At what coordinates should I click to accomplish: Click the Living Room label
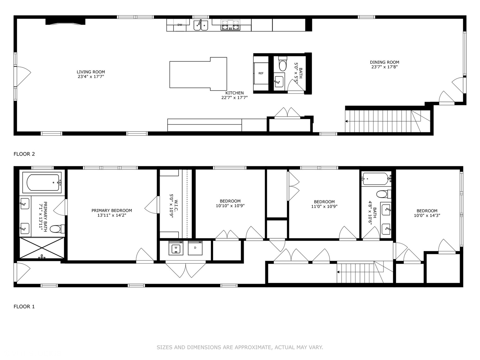pos(91,72)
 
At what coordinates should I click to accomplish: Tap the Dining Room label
pos(384,62)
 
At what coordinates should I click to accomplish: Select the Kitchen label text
pos(234,93)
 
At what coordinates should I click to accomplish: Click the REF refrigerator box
pos(261,73)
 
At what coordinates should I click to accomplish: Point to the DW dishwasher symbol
pos(180,25)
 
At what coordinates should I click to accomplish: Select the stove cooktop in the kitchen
pos(230,25)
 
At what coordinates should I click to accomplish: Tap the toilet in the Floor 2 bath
pos(282,64)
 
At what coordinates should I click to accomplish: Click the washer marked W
pos(176,248)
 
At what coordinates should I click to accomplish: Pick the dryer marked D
pos(196,248)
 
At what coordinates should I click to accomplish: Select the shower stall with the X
pos(42,248)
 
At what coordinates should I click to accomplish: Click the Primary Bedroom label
pos(112,211)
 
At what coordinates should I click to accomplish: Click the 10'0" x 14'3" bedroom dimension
pos(427,215)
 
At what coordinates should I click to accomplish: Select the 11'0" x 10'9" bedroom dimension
pos(324,206)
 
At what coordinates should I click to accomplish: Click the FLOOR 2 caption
pos(24,154)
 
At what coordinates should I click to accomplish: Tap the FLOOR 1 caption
pos(24,307)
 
